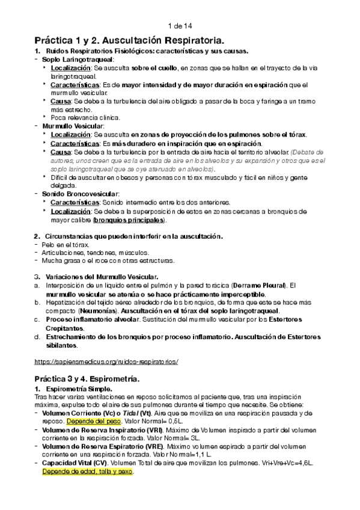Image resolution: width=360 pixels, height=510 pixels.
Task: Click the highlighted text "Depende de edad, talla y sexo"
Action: click(x=87, y=472)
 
